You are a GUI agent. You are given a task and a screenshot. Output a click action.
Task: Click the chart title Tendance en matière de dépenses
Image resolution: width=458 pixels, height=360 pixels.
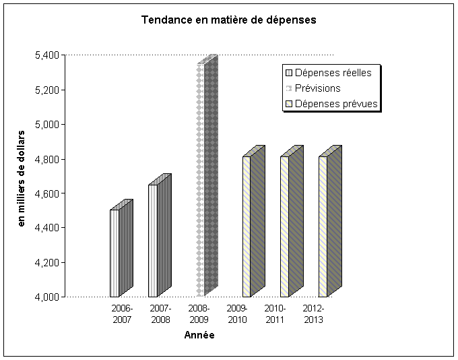[229, 20]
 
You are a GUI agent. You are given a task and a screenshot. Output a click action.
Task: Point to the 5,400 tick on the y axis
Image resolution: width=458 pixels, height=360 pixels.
[46, 55]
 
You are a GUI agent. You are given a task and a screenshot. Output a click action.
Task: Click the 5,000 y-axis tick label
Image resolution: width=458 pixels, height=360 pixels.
[46, 124]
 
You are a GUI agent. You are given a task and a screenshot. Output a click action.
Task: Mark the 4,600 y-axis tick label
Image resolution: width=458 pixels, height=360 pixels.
[46, 193]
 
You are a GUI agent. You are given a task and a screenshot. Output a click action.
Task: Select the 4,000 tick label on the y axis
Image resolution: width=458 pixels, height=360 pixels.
[46, 297]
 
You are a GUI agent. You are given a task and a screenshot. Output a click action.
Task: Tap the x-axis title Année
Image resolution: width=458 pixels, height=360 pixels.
[199, 335]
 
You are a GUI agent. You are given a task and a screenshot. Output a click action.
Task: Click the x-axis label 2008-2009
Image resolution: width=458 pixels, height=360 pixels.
[199, 313]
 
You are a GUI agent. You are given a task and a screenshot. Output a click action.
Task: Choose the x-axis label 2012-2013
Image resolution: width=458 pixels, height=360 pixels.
[313, 313]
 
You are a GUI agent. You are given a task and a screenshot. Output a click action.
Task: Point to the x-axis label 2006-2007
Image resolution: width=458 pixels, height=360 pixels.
[122, 313]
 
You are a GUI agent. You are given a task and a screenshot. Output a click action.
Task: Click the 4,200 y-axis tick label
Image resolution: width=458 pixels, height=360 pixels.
[46, 262]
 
